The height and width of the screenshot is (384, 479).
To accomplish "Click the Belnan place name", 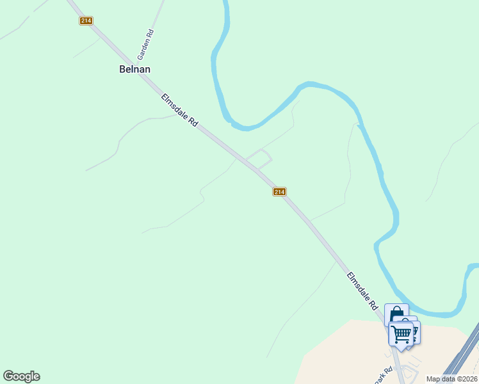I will click(x=134, y=69).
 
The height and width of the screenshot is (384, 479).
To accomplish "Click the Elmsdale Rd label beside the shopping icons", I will click(x=363, y=291).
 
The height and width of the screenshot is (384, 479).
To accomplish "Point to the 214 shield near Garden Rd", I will click(x=86, y=21).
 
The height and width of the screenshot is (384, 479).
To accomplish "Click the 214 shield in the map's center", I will click(x=279, y=192).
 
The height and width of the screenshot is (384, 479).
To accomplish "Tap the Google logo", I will click(x=21, y=376).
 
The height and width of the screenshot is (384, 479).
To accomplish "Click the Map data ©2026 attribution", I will click(x=451, y=379).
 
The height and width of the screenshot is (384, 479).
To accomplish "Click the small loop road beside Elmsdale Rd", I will click(x=259, y=158).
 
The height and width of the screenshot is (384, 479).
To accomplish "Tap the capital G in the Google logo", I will click(x=8, y=376).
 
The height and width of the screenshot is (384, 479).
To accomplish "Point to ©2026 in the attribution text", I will click(x=466, y=379).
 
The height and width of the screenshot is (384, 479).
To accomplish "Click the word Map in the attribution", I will click(x=434, y=379).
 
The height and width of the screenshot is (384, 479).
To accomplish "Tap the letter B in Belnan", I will click(x=122, y=69).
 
